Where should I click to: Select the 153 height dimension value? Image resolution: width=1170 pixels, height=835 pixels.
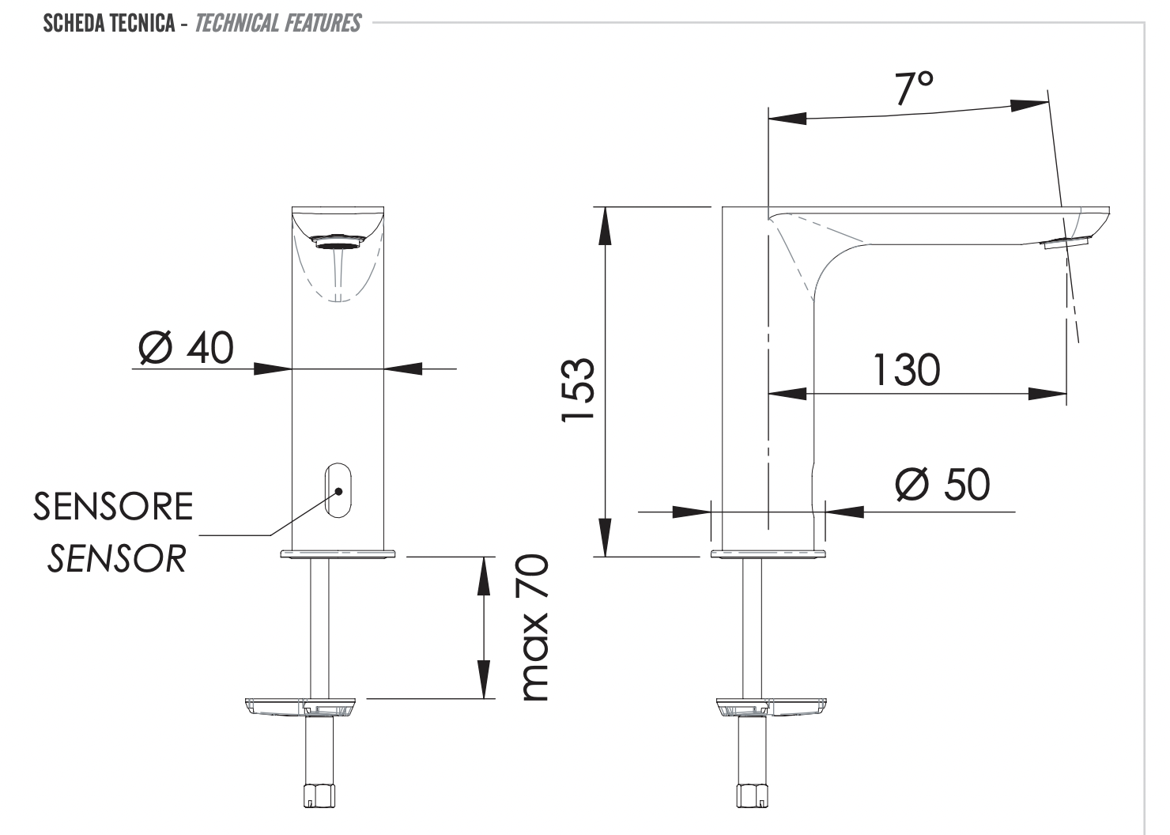tap(578, 391)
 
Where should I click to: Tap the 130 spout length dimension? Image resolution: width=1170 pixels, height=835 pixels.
tap(906, 370)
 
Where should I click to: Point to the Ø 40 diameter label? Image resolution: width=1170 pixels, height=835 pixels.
tap(187, 348)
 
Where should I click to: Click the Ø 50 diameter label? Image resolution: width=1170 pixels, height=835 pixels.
tap(942, 484)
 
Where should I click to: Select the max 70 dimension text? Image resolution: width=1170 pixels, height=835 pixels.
tap(534, 628)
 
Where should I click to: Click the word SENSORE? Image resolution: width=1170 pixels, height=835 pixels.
tap(113, 507)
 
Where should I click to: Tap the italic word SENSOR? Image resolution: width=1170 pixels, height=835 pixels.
tap(117, 559)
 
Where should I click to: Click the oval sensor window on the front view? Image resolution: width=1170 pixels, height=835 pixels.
tap(338, 490)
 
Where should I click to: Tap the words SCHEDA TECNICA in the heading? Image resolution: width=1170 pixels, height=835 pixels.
tap(109, 23)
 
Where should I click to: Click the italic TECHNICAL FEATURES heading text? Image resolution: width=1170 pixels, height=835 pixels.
tap(277, 23)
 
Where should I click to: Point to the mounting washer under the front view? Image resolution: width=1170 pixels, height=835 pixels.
tap(304, 704)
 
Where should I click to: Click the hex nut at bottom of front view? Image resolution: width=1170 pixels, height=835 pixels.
tap(319, 792)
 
